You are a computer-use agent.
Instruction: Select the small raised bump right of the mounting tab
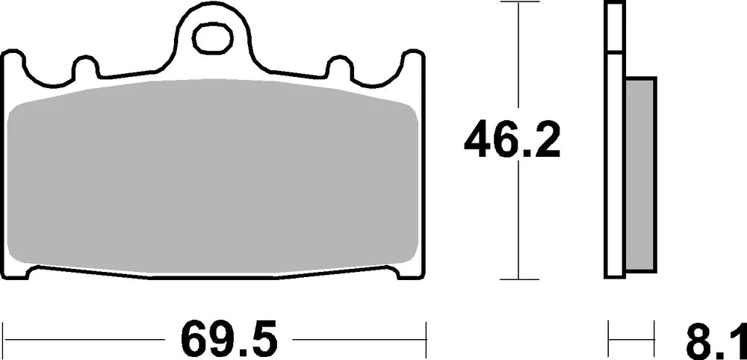click(340, 67)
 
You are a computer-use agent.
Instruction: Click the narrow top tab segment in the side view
click(614, 27)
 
